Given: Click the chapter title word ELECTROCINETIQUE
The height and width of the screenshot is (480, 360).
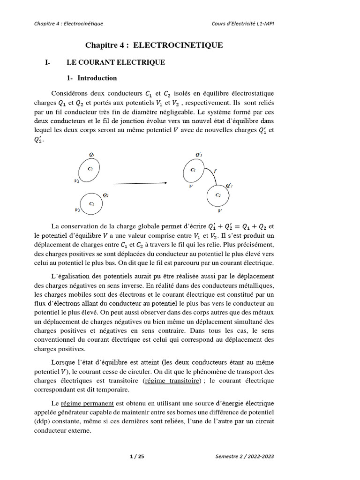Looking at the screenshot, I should coord(178,45).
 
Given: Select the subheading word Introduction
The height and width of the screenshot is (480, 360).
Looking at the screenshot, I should coord(97,78).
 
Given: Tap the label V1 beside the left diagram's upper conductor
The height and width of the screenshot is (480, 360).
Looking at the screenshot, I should coord(76,180).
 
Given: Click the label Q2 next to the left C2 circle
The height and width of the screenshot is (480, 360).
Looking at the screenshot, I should coord(105,195).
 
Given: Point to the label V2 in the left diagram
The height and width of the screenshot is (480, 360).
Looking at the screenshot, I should coord(77,210).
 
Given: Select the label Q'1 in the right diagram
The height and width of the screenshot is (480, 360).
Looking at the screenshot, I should coord(198,155).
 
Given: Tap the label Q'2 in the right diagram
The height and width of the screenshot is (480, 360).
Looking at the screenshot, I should coord(228,186).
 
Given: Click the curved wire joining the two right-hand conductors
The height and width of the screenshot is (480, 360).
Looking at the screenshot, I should coord(210,174).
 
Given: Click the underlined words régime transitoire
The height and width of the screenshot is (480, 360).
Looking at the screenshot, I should coord(172,380).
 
